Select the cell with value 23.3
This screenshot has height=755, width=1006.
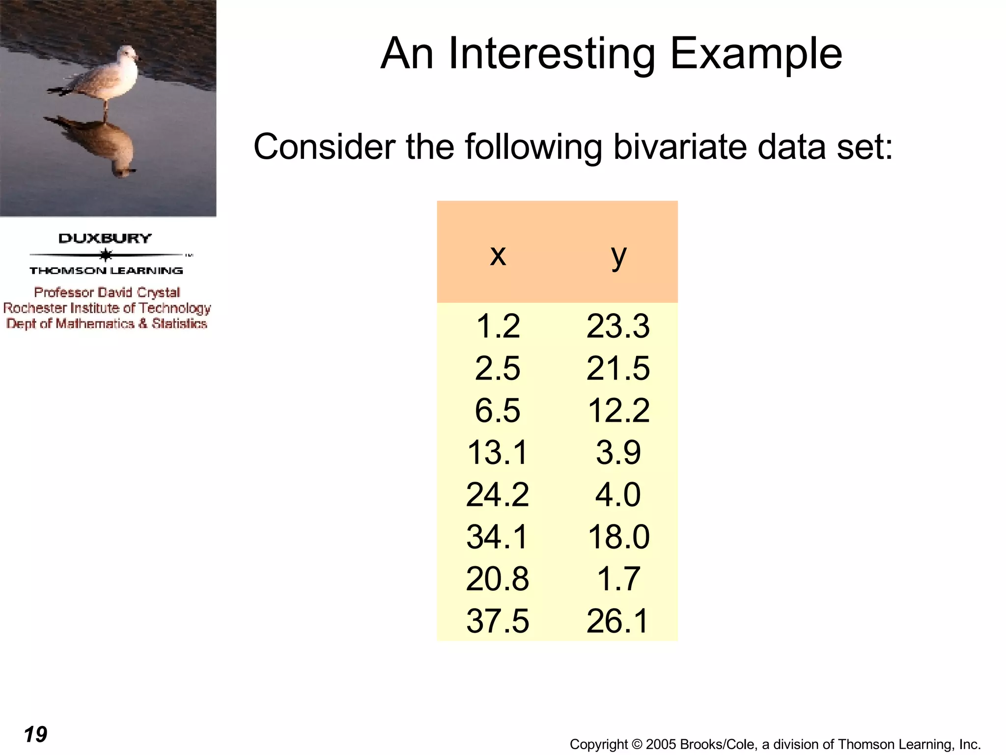coord(618,326)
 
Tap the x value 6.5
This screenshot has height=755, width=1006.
coord(497,410)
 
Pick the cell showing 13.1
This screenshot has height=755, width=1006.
coord(497,452)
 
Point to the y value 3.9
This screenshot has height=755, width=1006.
coord(618,452)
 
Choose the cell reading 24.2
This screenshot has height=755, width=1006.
coord(497,494)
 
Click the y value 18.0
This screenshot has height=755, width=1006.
coord(618,537)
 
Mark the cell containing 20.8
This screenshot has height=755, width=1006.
coord(497,579)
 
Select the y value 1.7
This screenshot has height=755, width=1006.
coord(618,579)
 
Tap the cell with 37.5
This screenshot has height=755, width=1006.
coord(497,621)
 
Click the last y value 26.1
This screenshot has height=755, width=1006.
coord(618,621)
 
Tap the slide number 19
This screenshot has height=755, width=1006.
coord(35,734)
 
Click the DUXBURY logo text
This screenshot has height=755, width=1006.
coord(105,238)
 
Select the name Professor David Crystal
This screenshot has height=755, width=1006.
coord(107,292)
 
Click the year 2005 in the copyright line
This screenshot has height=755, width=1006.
coord(661,744)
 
